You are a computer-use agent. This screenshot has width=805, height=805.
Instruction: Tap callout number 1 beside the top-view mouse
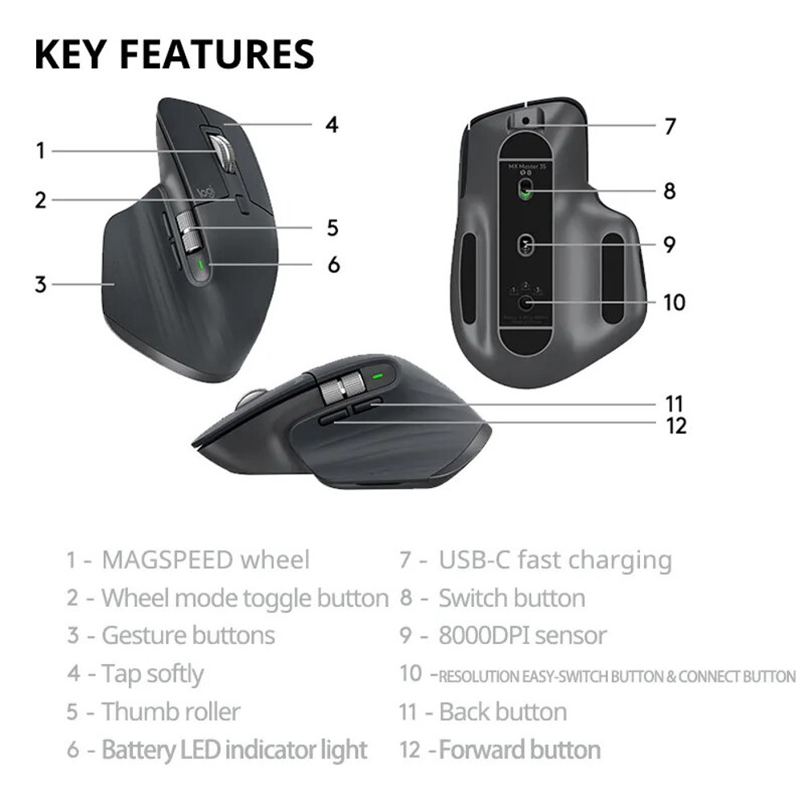pos(40,151)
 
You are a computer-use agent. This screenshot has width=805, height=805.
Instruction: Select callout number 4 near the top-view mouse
pos(332,125)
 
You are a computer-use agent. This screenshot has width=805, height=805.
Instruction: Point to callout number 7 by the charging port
pos(670,126)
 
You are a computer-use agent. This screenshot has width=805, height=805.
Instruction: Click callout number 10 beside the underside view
pos(674,302)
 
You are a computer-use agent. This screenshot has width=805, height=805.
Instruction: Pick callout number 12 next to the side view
pos(676,425)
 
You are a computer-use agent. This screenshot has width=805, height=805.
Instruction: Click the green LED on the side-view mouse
pos(377,375)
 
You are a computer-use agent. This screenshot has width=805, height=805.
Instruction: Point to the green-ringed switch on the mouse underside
pos(526,190)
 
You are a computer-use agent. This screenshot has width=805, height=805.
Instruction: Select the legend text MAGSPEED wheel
pos(205,559)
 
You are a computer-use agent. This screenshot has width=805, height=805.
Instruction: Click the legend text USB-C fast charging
pos(555,559)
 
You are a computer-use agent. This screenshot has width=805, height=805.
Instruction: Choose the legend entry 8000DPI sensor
pos(522,635)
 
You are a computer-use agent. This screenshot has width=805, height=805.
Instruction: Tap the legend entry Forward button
pos(520,750)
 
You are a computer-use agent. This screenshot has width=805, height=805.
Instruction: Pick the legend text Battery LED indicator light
pos(234,750)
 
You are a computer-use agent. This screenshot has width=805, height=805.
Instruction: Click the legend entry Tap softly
pos(152,674)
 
